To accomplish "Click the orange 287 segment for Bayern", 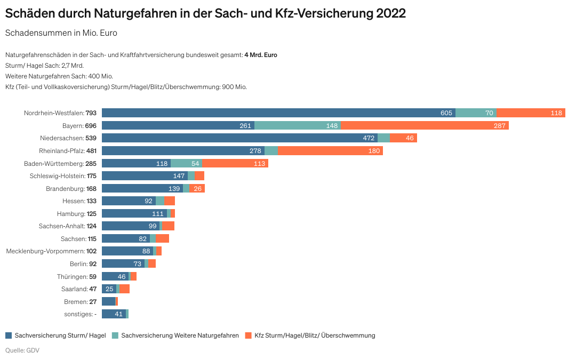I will (425, 125).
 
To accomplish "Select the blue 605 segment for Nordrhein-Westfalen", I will (278, 113).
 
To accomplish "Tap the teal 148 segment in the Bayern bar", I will (298, 125).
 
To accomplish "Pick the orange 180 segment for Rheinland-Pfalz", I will (330, 150).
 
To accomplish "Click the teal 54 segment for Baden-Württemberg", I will (186, 163).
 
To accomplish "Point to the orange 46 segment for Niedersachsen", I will (403, 138).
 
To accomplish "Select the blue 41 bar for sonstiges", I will (114, 314).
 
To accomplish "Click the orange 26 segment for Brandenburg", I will (197, 188).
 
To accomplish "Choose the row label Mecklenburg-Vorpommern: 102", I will (51, 251).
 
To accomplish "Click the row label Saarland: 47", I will (79, 289).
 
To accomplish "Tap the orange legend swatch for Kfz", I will (248, 335).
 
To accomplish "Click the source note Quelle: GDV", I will (22, 350).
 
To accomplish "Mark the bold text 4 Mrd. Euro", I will (260, 55).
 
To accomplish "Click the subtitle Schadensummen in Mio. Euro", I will (61, 33).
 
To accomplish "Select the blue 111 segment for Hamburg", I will (134, 213).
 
